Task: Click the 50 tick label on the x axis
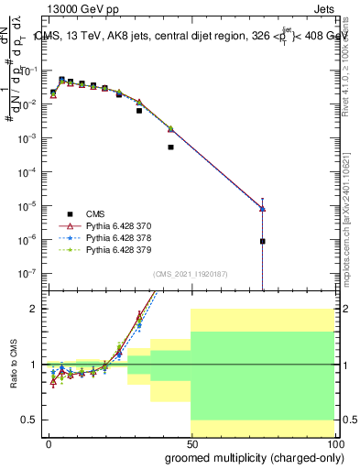(x=191, y=443)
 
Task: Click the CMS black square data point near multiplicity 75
(x=262, y=242)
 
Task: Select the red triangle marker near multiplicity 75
(x=262, y=209)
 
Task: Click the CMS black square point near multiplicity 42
(x=170, y=147)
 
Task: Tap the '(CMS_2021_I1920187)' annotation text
(x=190, y=274)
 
